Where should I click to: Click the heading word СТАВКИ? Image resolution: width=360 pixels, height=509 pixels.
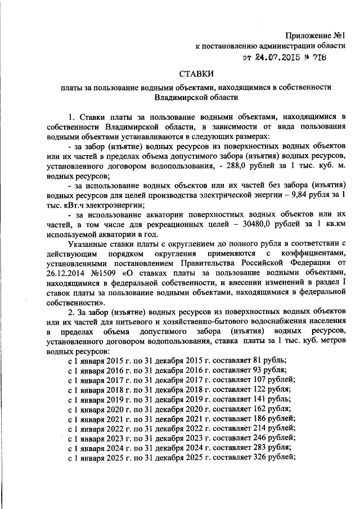(197, 73)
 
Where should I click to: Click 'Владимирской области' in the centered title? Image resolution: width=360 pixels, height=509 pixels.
(197, 97)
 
